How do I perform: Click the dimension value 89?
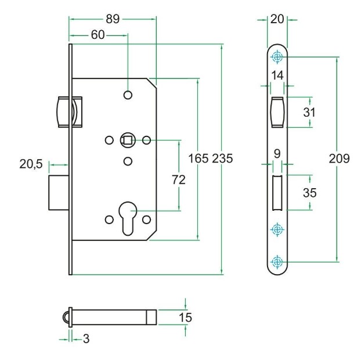pyautogui.click(x=113, y=19)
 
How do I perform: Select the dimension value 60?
pyautogui.click(x=98, y=35)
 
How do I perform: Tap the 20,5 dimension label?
pyautogui.click(x=31, y=164)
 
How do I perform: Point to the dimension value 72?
pyautogui.click(x=179, y=180)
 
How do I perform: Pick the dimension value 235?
pyautogui.click(x=222, y=158)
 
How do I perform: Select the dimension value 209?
pyautogui.click(x=338, y=158)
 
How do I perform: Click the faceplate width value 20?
pyautogui.click(x=277, y=19)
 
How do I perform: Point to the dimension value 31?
pyautogui.click(x=310, y=111)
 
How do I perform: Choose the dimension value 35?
pyautogui.click(x=310, y=193)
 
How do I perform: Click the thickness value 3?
pyautogui.click(x=86, y=339)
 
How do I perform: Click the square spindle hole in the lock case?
pyautogui.click(x=128, y=139)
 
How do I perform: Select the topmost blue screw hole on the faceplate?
pyautogui.click(x=277, y=57)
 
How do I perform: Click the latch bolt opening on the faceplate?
pyautogui.click(x=277, y=111)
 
